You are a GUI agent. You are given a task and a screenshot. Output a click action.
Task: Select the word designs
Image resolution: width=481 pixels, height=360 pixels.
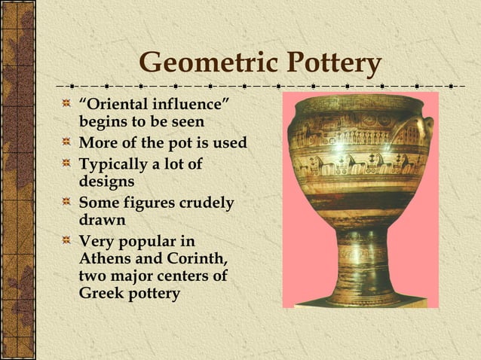coord(106,182)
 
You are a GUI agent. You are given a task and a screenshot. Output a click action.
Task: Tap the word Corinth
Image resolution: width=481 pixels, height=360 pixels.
coord(196,260)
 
